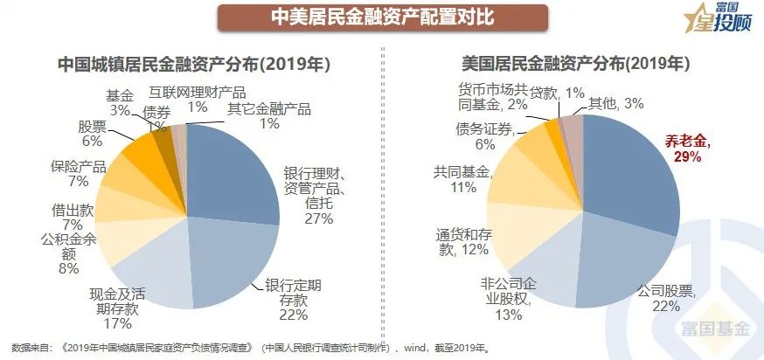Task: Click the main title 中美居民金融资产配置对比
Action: (x=381, y=17)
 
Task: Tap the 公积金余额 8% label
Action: (x=67, y=253)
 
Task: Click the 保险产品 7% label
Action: (x=78, y=172)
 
